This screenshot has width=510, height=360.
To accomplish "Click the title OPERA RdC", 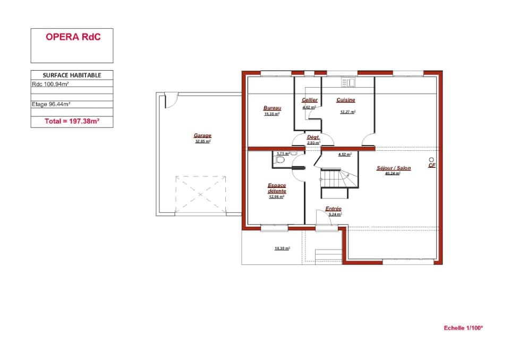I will (x=72, y=37).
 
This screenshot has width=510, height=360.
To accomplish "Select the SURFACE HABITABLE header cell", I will (x=72, y=75).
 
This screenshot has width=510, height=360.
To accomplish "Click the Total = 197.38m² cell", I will (x=72, y=122).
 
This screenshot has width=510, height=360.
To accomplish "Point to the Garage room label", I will (x=202, y=136).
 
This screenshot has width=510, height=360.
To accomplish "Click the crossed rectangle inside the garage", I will (x=200, y=195).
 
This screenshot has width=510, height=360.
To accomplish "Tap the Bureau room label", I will (x=272, y=108).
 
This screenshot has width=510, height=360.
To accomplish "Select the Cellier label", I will (x=310, y=100).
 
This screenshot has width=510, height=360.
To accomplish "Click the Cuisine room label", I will (x=345, y=100).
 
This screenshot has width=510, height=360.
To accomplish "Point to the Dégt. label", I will (x=313, y=137).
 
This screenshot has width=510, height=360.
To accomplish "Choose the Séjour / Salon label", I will (x=393, y=168).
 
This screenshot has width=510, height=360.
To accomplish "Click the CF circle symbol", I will (x=431, y=160).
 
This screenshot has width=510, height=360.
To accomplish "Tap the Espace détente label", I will (x=277, y=188).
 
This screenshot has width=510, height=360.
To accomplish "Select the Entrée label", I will (x=333, y=209).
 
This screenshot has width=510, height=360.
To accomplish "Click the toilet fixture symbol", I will (x=280, y=159).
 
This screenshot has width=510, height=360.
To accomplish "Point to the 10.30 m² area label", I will (x=282, y=248).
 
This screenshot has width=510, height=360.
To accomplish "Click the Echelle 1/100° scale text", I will (x=463, y=328).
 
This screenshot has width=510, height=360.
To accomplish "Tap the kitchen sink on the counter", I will (x=348, y=82).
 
